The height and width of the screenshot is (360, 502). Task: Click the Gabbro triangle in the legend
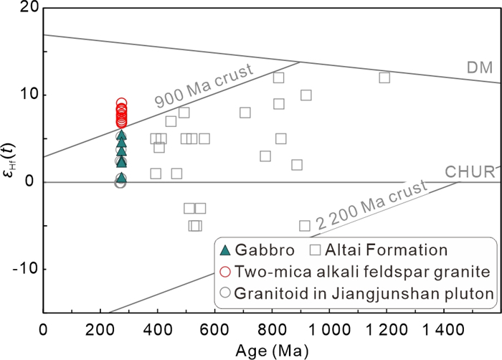[225, 250]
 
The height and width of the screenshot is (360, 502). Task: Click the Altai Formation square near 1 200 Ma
[384, 77]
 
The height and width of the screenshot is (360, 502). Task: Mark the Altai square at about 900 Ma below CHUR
[305, 226]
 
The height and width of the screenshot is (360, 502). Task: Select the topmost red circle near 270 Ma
[122, 104]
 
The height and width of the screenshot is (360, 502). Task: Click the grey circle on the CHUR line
[120, 183]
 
